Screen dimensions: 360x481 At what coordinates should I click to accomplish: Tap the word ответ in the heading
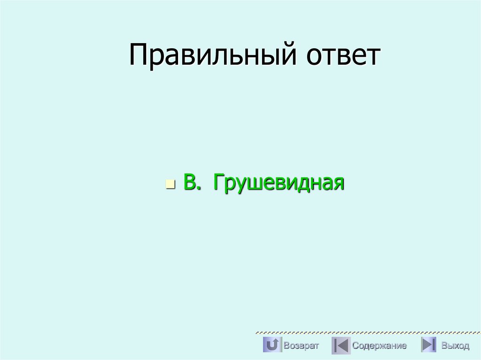(x=343, y=55)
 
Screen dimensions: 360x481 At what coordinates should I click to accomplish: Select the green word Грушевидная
(x=279, y=182)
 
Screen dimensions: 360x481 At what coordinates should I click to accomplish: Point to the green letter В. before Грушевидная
(x=189, y=182)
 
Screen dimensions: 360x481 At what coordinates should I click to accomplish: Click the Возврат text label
(x=301, y=346)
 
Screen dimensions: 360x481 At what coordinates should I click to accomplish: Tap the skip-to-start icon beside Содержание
(x=341, y=345)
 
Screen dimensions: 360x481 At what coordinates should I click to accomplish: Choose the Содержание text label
(x=380, y=346)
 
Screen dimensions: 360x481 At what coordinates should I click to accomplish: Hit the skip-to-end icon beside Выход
(x=428, y=345)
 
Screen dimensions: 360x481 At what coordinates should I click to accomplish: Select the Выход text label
(x=455, y=346)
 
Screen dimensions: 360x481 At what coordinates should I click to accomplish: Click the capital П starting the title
(x=139, y=55)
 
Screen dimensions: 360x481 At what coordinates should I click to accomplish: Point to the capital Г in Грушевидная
(x=218, y=182)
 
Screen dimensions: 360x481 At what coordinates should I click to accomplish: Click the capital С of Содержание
(x=356, y=346)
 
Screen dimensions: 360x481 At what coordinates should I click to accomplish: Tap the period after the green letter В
(x=199, y=188)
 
